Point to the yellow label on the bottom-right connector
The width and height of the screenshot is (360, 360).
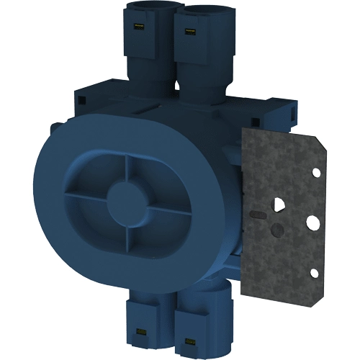point(190,338)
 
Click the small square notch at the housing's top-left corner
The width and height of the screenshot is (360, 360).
point(81,92)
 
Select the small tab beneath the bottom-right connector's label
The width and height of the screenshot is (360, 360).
point(190,346)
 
